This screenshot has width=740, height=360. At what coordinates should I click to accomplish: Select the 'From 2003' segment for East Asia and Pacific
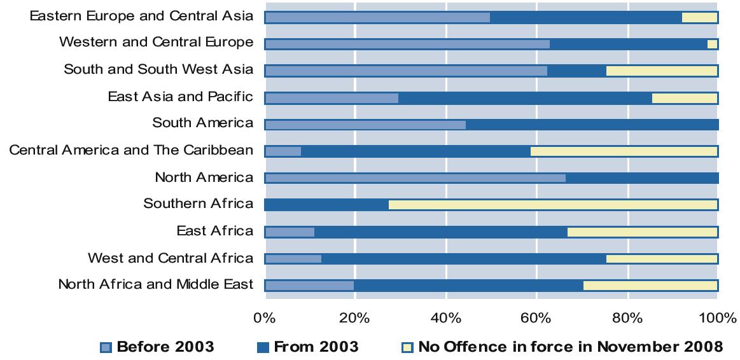pyautogui.click(x=525, y=98)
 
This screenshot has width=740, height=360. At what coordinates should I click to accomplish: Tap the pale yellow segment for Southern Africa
pyautogui.click(x=553, y=205)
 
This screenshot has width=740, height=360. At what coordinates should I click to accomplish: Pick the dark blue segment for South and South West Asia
pyautogui.click(x=576, y=71)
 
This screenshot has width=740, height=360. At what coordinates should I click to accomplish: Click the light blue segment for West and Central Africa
pyautogui.click(x=293, y=259)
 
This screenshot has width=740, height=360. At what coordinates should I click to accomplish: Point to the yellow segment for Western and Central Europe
pyautogui.click(x=713, y=44)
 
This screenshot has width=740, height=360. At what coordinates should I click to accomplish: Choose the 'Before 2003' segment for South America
pyautogui.click(x=365, y=125)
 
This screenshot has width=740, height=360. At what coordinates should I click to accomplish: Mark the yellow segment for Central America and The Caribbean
pyautogui.click(x=624, y=151)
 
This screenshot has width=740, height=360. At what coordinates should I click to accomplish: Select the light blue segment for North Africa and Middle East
pyautogui.click(x=309, y=286)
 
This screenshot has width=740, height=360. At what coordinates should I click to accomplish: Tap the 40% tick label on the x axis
pyautogui.click(x=446, y=317)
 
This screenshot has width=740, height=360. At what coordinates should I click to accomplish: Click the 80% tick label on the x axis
pyautogui.click(x=627, y=317)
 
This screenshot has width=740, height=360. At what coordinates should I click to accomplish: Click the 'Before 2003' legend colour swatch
pyautogui.click(x=106, y=347)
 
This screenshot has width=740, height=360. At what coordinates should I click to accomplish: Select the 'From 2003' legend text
pyautogui.click(x=316, y=347)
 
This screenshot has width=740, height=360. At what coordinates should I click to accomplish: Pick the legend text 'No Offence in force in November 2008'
pyautogui.click(x=570, y=347)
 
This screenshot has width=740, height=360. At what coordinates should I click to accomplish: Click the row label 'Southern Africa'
pyautogui.click(x=198, y=204)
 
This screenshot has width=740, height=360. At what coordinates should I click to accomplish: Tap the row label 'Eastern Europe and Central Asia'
pyautogui.click(x=141, y=16)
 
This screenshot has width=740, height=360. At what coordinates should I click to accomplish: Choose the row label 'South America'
pyautogui.click(x=202, y=123)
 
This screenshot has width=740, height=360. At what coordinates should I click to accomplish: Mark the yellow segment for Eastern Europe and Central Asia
pyautogui.click(x=699, y=17)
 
